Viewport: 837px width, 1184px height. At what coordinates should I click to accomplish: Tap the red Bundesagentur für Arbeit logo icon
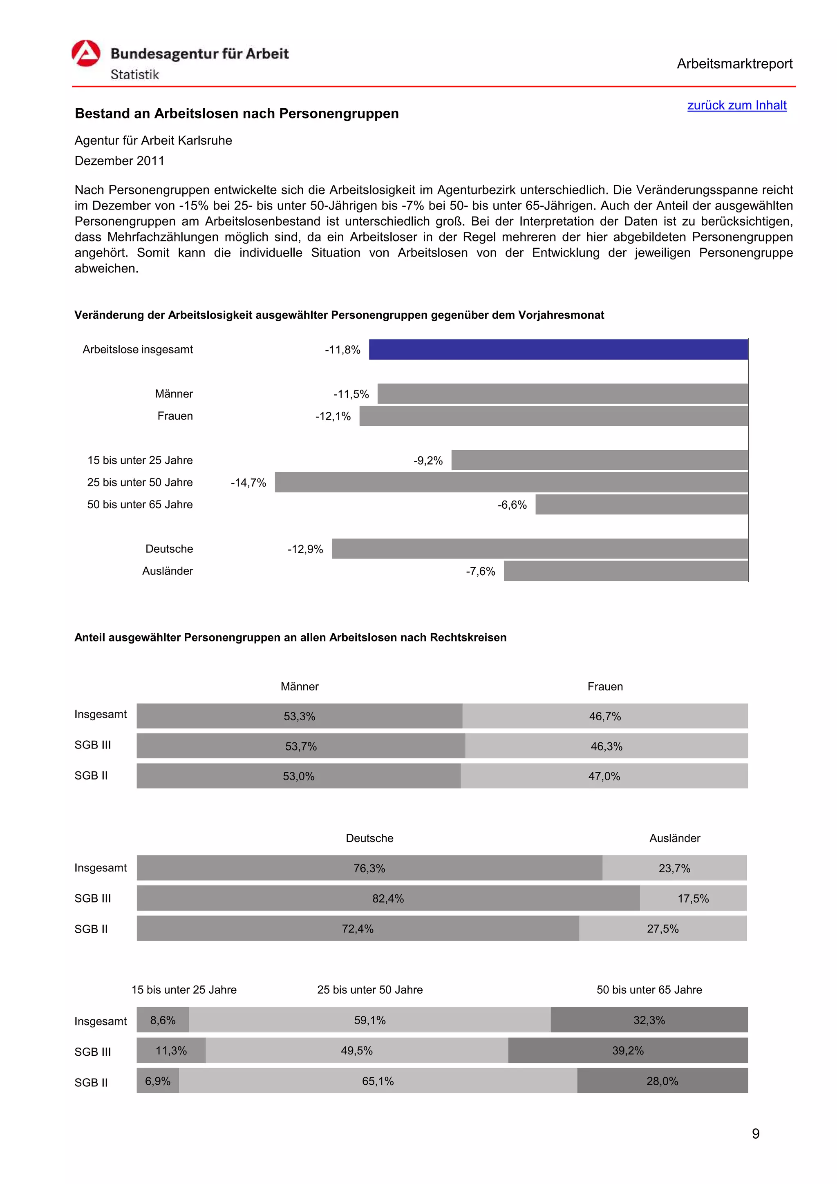tap(85, 54)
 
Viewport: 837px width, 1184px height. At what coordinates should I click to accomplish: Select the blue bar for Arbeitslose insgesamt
tap(558, 350)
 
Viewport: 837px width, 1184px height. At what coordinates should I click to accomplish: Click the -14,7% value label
tap(248, 483)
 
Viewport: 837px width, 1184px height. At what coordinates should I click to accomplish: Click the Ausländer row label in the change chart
tap(167, 571)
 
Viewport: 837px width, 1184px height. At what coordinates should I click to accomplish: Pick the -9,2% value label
tap(427, 460)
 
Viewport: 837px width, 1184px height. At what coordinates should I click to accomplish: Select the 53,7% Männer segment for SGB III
tap(301, 746)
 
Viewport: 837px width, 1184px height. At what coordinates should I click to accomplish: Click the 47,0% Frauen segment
tap(604, 776)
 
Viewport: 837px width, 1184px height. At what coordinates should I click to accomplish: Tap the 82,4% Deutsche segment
tap(388, 898)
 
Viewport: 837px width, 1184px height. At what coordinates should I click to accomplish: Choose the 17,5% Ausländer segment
tap(693, 898)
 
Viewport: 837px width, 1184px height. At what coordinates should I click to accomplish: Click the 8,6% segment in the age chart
tap(162, 1020)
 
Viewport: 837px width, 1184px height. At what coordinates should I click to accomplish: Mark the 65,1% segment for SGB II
tap(378, 1081)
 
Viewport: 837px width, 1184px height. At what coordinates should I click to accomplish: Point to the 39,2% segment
tap(628, 1050)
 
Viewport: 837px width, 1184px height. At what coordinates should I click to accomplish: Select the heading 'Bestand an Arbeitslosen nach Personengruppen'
tap(237, 114)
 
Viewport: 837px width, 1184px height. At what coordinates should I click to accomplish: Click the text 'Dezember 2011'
tap(119, 161)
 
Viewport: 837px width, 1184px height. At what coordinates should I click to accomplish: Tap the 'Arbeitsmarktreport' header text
tap(734, 64)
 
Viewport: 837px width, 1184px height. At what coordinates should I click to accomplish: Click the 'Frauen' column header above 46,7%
tap(604, 686)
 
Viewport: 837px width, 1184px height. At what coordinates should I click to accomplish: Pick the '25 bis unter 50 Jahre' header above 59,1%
tap(370, 990)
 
